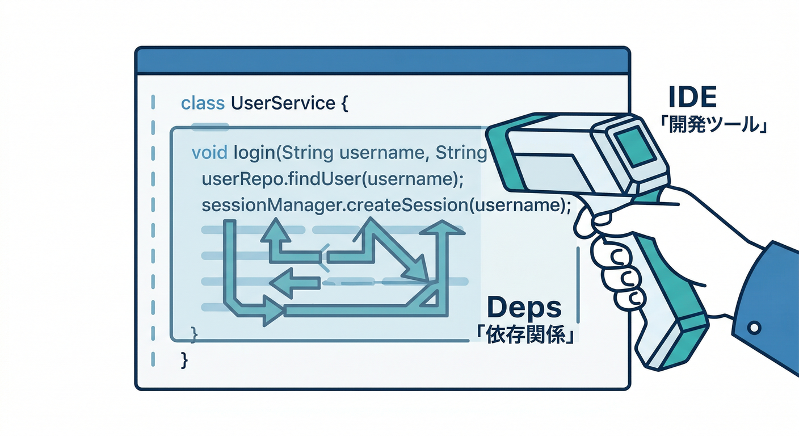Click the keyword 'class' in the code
coord(203,103)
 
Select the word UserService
coord(283,103)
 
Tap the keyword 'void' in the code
coord(209,153)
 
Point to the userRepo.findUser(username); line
coord(333,179)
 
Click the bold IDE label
coord(692,97)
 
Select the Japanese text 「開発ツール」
coord(713,125)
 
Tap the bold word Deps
coord(524,307)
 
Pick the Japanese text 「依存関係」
coord(525,336)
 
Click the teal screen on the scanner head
coord(636,147)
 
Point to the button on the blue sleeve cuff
coord(754,328)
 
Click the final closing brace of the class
coord(184,360)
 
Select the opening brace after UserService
coord(344,103)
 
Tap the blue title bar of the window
coord(382,61)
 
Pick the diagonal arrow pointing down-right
coord(396,250)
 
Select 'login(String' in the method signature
coord(283,153)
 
